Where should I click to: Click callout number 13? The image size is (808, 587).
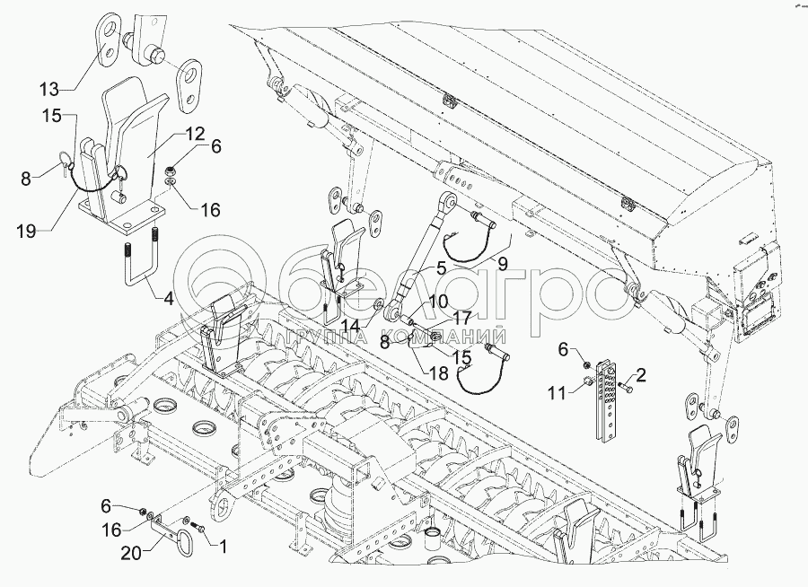(50, 88)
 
